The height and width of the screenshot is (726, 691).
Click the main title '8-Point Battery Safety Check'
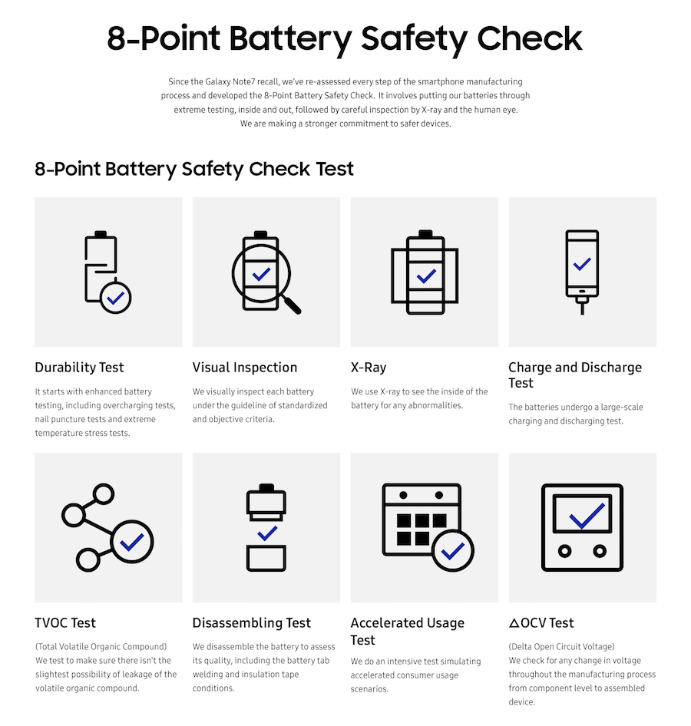click(345, 38)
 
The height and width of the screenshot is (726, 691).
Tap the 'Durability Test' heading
click(79, 368)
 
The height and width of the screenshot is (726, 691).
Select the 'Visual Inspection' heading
click(244, 368)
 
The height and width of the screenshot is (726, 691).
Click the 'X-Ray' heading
click(368, 368)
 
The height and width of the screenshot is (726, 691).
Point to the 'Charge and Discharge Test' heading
click(574, 375)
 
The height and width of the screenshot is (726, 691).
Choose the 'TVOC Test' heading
click(65, 623)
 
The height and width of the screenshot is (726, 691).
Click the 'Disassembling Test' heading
click(251, 623)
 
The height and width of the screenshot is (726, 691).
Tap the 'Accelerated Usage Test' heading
click(407, 631)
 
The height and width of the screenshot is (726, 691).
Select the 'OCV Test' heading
click(541, 623)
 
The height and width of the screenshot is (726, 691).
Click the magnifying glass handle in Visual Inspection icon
click(291, 305)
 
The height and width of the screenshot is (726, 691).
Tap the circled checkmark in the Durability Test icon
click(115, 298)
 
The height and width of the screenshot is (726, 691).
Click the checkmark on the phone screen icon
click(582, 264)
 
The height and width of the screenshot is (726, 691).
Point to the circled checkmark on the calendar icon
click(452, 550)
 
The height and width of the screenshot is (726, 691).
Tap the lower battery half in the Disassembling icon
click(266, 558)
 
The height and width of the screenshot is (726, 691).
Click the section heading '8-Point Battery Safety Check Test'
click(194, 169)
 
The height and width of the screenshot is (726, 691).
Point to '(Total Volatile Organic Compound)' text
click(101, 647)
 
